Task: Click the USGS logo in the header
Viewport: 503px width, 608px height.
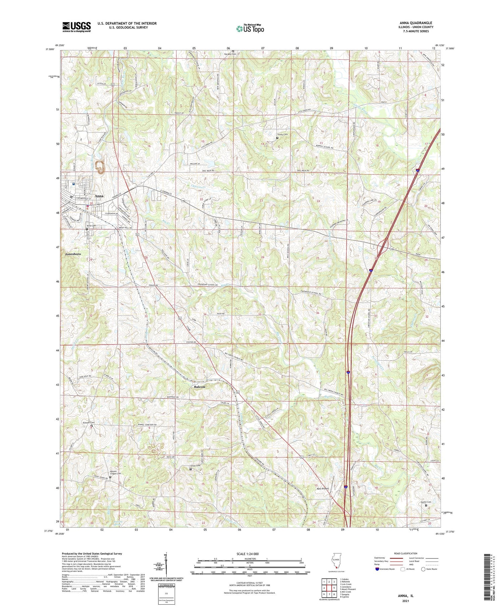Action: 76,27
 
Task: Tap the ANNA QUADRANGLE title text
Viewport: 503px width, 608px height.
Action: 414,23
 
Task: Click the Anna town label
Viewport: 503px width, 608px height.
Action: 99,196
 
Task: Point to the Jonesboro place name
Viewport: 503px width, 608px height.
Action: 73,254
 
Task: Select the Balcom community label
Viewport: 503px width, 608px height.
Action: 200,387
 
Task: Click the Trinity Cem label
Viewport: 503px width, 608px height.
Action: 282,134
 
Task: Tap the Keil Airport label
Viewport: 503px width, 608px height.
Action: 323,489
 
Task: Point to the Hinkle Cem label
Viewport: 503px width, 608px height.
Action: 426,502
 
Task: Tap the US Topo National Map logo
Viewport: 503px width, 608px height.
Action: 250,29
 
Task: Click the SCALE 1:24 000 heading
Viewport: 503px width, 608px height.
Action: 249,554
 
